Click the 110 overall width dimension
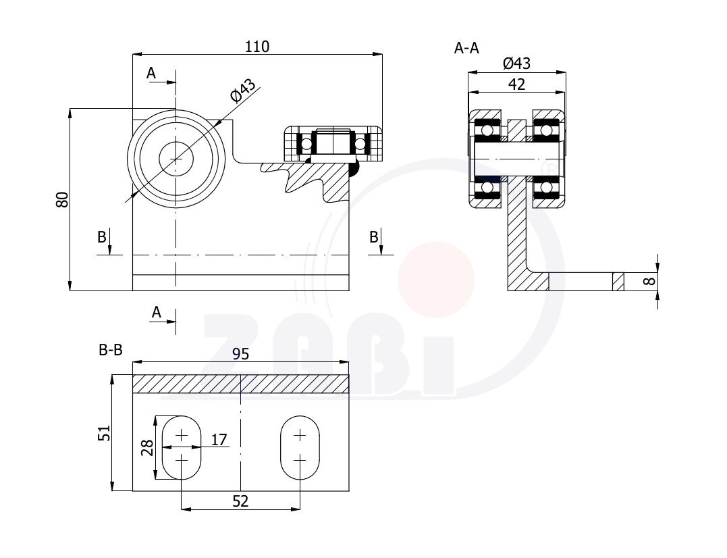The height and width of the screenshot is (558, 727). [257, 47]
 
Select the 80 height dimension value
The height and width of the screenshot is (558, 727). [62, 199]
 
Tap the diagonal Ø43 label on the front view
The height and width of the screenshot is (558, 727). [243, 91]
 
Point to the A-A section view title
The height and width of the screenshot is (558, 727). [466, 48]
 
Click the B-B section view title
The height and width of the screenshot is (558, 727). [111, 350]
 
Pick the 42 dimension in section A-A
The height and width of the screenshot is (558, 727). [516, 84]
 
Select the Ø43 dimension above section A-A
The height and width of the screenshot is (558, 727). [516, 63]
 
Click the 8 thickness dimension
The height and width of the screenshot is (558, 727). [651, 280]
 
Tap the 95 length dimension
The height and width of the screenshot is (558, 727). [240, 354]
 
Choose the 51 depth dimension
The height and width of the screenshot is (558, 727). [105, 433]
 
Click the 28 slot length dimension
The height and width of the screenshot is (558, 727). [147, 448]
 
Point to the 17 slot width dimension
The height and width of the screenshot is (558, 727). [219, 439]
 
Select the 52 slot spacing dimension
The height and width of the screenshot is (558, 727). [240, 501]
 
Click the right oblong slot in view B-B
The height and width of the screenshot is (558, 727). [300, 448]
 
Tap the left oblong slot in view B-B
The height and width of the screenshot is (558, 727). [182, 448]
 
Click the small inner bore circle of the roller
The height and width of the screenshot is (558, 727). [176, 159]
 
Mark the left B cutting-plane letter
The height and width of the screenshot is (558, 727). [102, 237]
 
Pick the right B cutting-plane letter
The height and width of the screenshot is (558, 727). [374, 237]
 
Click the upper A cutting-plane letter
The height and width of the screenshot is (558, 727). [151, 73]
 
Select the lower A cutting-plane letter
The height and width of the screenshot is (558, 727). [157, 312]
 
